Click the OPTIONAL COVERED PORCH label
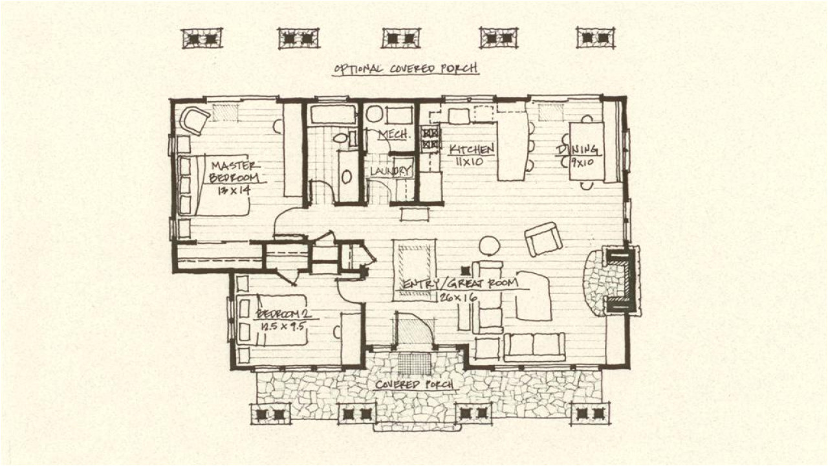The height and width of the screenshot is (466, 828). coord(406,69)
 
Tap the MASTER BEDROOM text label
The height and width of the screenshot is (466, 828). coord(234,171)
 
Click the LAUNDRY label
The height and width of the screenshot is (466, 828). coord(391,171)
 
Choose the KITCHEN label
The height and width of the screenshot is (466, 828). coord(472,149)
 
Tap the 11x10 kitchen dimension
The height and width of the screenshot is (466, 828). coord(469,162)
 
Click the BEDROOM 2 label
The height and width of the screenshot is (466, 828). coord(283,314)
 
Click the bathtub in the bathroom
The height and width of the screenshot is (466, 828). coord(332,115)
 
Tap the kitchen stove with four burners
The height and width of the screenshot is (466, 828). coord(430,139)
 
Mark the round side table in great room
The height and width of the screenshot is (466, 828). coord(490,245)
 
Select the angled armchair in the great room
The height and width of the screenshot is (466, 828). coord(543,239)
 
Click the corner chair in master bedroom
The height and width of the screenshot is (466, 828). coord(194,120)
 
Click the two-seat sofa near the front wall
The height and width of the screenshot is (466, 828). coord(534,346)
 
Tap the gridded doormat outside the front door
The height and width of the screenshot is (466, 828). coord(414,363)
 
